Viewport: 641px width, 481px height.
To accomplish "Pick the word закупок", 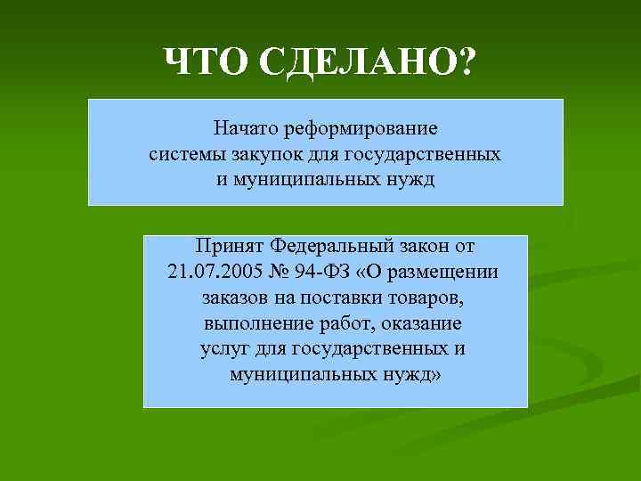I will [266, 154].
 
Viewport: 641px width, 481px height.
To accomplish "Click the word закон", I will [427, 245].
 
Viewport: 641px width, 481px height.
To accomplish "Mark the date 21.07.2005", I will [211, 271].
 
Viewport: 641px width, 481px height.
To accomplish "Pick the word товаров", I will [433, 297].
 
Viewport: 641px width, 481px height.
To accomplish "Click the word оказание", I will [422, 322].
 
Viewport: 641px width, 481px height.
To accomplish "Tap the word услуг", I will [224, 347].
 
